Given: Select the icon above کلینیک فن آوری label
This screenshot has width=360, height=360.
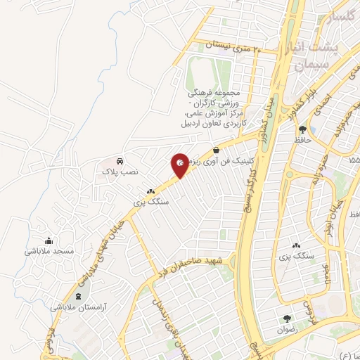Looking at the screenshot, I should [x=215, y=150].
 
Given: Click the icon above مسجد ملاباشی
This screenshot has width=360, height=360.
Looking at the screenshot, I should [x=48, y=240].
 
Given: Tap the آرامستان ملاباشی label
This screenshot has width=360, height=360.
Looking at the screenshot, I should [x=77, y=307].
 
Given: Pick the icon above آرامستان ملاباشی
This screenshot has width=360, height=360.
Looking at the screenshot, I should [x=79, y=296].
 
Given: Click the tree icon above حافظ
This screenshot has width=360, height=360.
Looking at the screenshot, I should [x=302, y=129].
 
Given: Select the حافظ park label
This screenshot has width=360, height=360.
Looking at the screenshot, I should [x=303, y=141].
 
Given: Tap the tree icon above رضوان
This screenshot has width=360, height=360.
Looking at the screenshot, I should [x=287, y=319].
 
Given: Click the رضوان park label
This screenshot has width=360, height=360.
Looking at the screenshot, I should [x=287, y=329].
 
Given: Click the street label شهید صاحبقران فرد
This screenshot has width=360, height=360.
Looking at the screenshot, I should [x=189, y=264].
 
